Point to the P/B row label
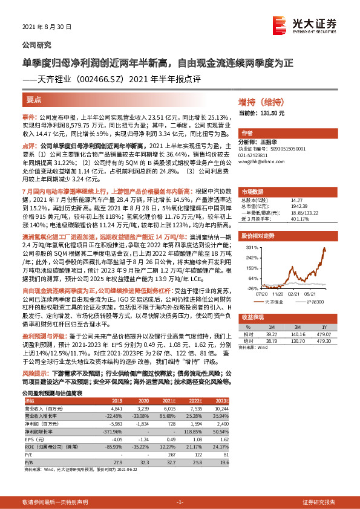pyautogui.click(x=28, y=461)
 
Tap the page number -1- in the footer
pyautogui.click(x=180, y=502)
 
